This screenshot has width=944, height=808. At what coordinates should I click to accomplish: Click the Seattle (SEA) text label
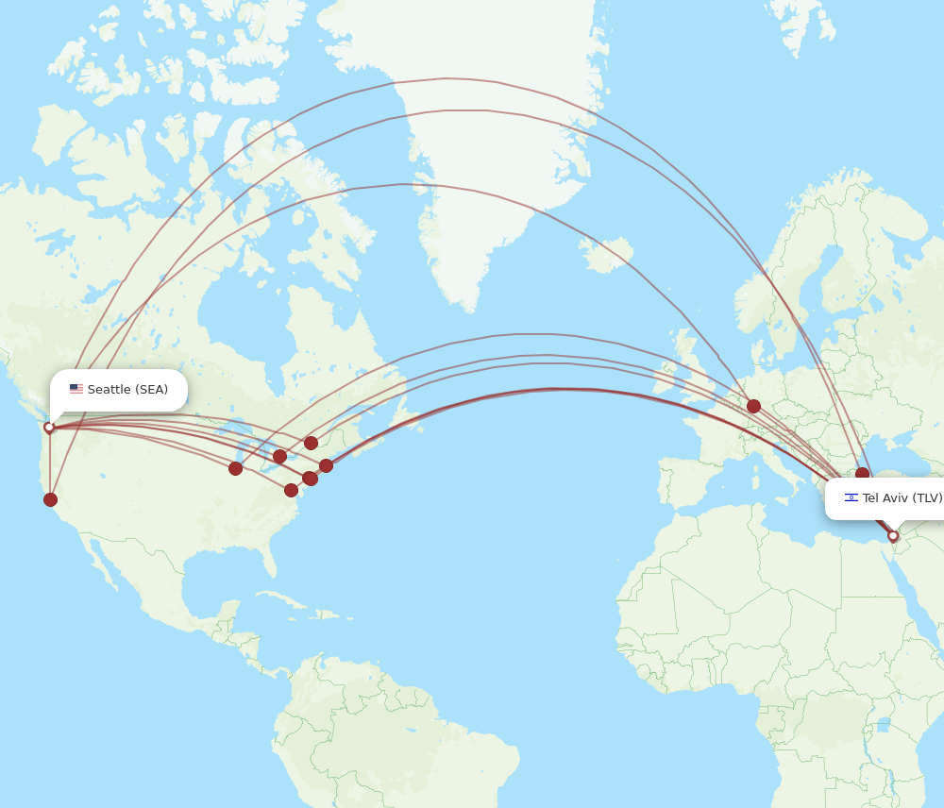pyautogui.click(x=127, y=390)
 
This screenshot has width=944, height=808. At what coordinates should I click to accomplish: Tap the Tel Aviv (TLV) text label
pyautogui.click(x=902, y=498)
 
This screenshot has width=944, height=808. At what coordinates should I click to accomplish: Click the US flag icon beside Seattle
pyautogui.click(x=76, y=389)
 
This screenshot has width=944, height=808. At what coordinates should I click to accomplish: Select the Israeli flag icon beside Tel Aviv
pyautogui.click(x=851, y=497)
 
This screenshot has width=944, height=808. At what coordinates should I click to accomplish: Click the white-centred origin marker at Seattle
pyautogui.click(x=49, y=428)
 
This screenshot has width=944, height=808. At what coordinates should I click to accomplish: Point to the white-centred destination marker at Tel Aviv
pyautogui.click(x=893, y=536)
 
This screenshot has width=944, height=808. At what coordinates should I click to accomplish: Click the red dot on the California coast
pyautogui.click(x=50, y=499)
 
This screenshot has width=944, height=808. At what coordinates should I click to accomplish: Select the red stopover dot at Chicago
pyautogui.click(x=235, y=468)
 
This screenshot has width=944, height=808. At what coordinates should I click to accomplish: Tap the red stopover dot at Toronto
pyautogui.click(x=279, y=457)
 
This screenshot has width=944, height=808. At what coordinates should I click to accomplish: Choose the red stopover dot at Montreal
pyautogui.click(x=311, y=443)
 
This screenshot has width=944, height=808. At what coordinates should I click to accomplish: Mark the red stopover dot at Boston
pyautogui.click(x=326, y=465)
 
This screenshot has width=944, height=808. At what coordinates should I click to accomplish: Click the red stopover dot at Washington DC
pyautogui.click(x=291, y=490)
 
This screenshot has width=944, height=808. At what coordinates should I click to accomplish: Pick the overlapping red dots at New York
pyautogui.click(x=310, y=479)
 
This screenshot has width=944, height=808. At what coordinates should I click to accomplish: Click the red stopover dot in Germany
pyautogui.click(x=753, y=406)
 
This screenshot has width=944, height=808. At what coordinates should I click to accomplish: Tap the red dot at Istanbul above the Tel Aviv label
pyautogui.click(x=862, y=474)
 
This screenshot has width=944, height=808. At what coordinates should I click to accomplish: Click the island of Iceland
pyautogui.click(x=604, y=252)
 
